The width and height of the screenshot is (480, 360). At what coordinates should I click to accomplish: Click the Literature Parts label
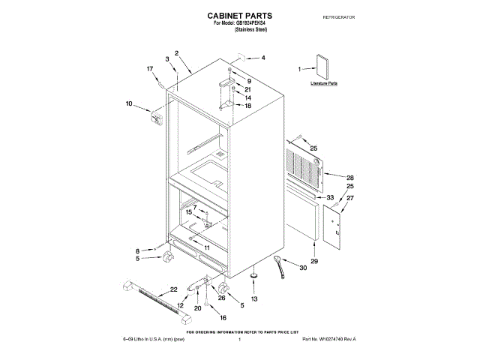click(324, 83)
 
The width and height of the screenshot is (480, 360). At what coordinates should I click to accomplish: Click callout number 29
click(314, 260)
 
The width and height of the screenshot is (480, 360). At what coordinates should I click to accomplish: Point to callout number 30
click(304, 268)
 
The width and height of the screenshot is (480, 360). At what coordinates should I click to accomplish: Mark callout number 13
click(253, 298)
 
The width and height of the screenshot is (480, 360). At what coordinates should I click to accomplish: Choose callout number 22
click(173, 289)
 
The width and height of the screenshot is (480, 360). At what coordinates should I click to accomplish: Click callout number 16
click(223, 317)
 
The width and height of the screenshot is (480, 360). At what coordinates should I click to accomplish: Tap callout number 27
click(349, 198)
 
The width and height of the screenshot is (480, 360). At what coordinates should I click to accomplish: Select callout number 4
click(262, 58)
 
